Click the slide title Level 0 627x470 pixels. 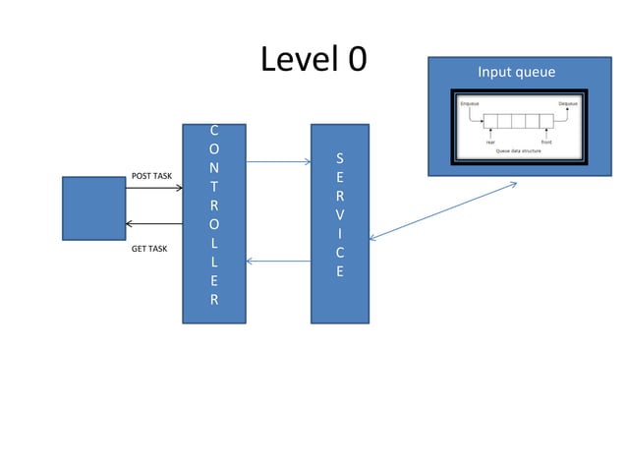[x=313, y=60]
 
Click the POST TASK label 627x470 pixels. [x=151, y=176]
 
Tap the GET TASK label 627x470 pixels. [x=149, y=250]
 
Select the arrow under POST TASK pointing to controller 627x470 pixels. [x=154, y=188]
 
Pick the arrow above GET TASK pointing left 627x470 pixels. [x=154, y=224]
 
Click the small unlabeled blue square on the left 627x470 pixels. [x=93, y=207]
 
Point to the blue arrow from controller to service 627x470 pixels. [x=278, y=161]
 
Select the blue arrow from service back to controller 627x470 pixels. [x=278, y=262]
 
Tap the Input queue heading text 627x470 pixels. [x=516, y=72]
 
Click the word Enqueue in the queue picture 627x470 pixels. [x=470, y=103]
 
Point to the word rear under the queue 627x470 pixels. [x=490, y=142]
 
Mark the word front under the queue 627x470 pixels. [x=546, y=142]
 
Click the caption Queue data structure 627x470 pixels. [x=518, y=150]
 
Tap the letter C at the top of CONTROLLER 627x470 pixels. [x=214, y=130]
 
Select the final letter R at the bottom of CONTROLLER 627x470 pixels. [x=214, y=300]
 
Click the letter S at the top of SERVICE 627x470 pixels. [x=340, y=157]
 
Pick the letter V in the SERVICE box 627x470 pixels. [x=340, y=214]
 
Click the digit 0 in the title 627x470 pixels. [x=356, y=60]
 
